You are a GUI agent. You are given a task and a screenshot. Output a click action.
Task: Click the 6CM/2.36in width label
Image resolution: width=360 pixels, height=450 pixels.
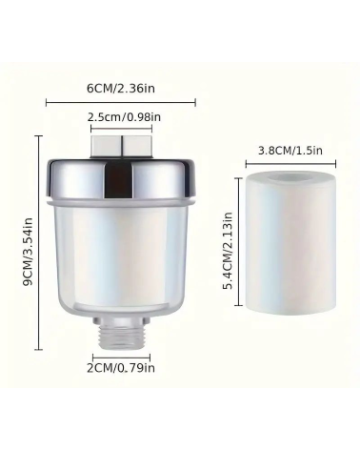pos(121,88)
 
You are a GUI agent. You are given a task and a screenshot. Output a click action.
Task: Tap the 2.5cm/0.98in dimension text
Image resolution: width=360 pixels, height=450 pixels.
pos(124,117)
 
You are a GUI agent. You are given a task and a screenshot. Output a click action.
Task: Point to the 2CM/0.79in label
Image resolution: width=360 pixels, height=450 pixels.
pos(121,368)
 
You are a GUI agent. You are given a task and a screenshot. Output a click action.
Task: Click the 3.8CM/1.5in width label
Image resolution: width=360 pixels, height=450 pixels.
pos(290,150)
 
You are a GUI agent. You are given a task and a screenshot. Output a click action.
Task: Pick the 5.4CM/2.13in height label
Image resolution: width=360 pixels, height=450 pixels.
pos(228,251)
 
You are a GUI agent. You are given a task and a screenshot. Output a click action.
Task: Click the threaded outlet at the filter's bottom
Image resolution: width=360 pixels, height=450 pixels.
pos(122,337)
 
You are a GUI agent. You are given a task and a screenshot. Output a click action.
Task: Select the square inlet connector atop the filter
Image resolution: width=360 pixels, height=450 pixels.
pos(122,147)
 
